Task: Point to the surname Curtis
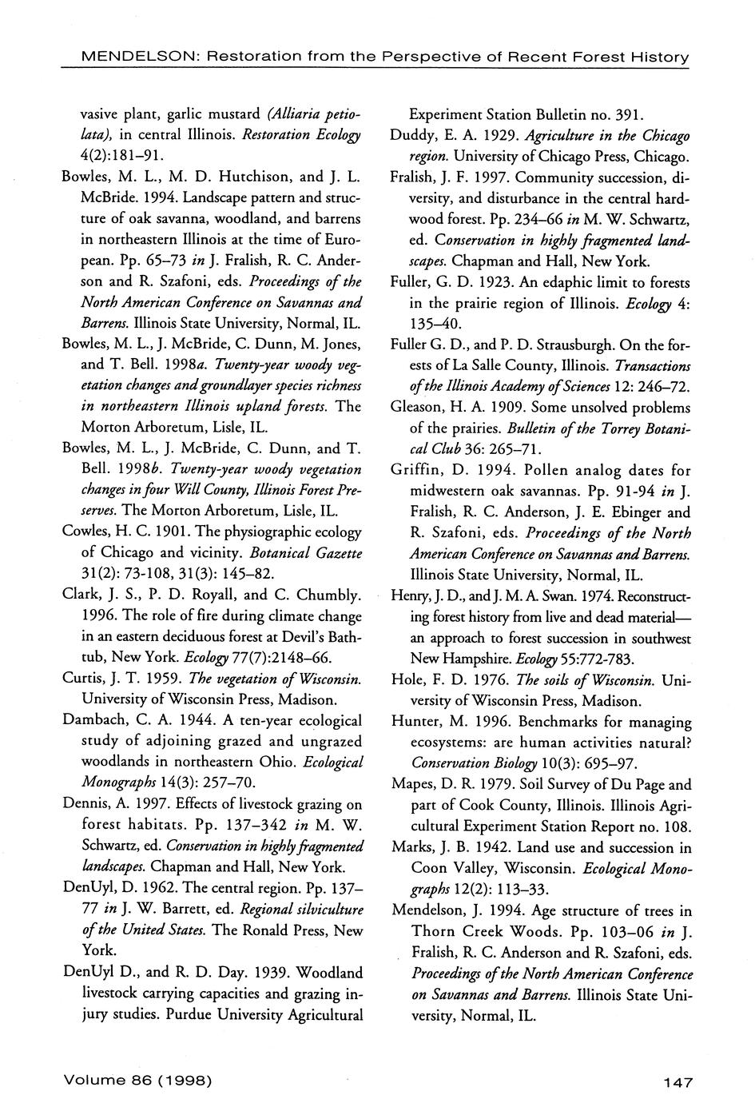coord(81,679)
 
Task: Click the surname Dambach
coord(93,720)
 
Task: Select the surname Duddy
coord(411,135)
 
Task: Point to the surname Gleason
coord(416,408)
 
